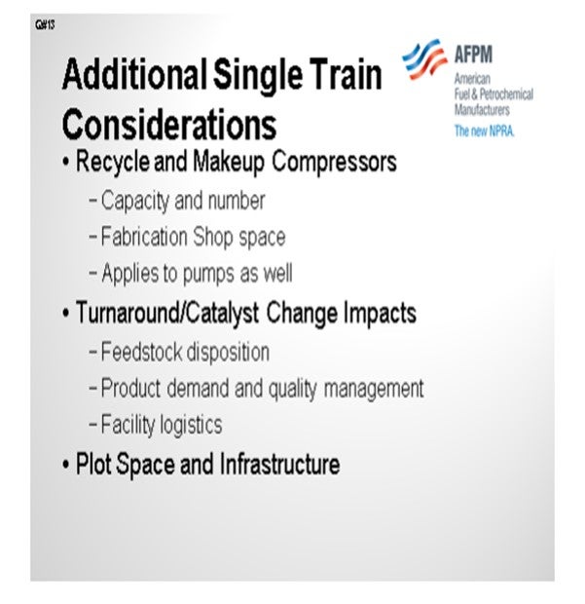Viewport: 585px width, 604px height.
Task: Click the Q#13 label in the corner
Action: tap(45, 25)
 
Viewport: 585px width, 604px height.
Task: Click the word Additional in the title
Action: tap(134, 74)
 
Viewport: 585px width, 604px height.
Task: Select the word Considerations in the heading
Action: tap(169, 124)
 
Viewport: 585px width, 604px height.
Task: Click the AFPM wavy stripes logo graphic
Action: tap(425, 58)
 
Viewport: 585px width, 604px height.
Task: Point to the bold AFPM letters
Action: tap(473, 54)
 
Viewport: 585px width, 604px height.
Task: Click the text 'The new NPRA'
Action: tap(484, 131)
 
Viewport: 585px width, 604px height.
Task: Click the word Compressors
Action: tap(334, 162)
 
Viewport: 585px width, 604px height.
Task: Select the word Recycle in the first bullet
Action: tap(113, 163)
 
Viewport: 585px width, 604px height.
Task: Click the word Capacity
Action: tap(135, 202)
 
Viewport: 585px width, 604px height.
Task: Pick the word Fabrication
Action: tap(144, 236)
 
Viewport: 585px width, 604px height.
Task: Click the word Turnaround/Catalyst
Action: tap(167, 313)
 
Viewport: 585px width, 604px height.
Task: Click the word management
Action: tap(374, 389)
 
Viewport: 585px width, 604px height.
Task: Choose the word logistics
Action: tap(192, 425)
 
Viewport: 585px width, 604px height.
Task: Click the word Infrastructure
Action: tap(279, 464)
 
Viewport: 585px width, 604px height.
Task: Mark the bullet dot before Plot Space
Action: tap(66, 465)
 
